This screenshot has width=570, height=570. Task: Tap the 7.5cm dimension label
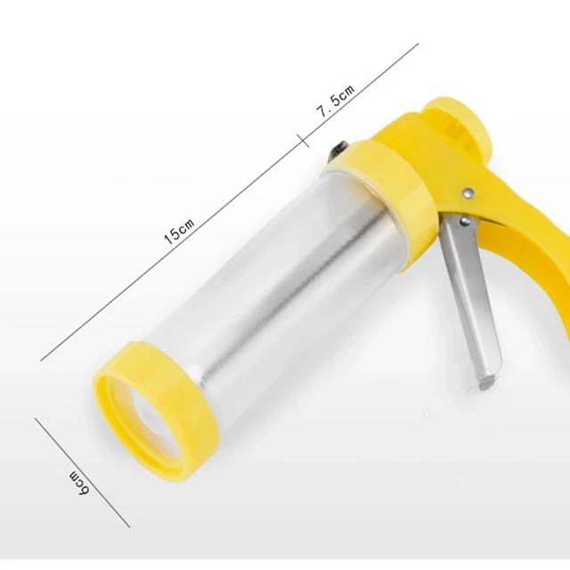[x=336, y=99]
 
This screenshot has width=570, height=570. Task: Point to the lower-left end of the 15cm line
[x=43, y=359]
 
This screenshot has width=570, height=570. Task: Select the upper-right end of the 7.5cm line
[x=418, y=45]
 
